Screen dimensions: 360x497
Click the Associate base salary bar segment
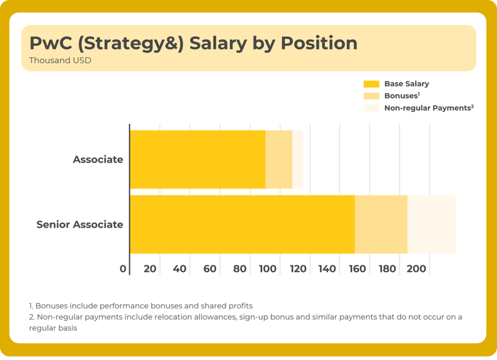(x=198, y=160)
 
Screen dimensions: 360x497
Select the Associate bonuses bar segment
(x=279, y=160)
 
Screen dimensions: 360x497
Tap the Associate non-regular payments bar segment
(x=298, y=160)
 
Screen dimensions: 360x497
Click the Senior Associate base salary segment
(x=242, y=224)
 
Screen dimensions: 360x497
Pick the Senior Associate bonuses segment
(x=381, y=224)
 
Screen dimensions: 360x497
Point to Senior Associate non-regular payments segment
(x=431, y=224)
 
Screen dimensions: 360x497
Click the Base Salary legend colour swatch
(x=371, y=84)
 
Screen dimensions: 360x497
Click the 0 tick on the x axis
(x=123, y=269)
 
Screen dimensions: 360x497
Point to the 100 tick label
(x=268, y=269)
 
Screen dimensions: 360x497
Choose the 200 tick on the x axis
(x=416, y=269)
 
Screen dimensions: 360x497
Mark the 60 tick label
(x=210, y=269)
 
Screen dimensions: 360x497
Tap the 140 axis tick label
(x=327, y=269)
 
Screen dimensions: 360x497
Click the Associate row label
(x=98, y=160)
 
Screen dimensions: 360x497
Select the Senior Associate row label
(x=80, y=224)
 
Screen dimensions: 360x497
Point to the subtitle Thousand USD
(x=60, y=61)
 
